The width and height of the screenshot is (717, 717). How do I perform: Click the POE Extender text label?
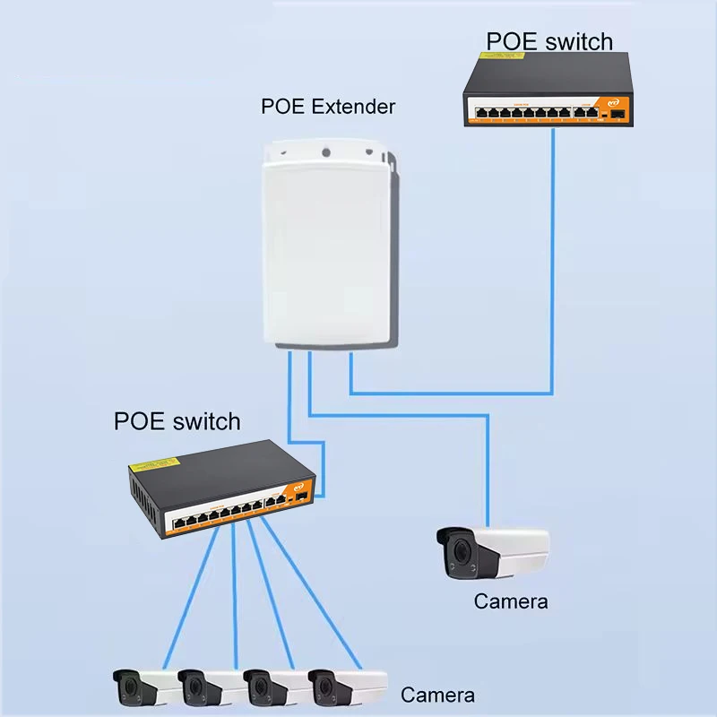(x=328, y=107)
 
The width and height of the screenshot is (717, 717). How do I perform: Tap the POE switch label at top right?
(x=549, y=41)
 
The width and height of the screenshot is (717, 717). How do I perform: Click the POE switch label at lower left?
(x=177, y=421)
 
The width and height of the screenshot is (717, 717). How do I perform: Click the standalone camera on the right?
(x=490, y=552)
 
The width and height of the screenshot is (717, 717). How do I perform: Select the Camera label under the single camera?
(x=510, y=601)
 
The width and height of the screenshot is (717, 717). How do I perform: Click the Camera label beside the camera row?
(x=437, y=695)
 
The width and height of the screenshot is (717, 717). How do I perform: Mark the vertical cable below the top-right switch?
(x=551, y=260)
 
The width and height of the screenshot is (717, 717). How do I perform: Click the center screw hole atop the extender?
(x=327, y=151)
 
